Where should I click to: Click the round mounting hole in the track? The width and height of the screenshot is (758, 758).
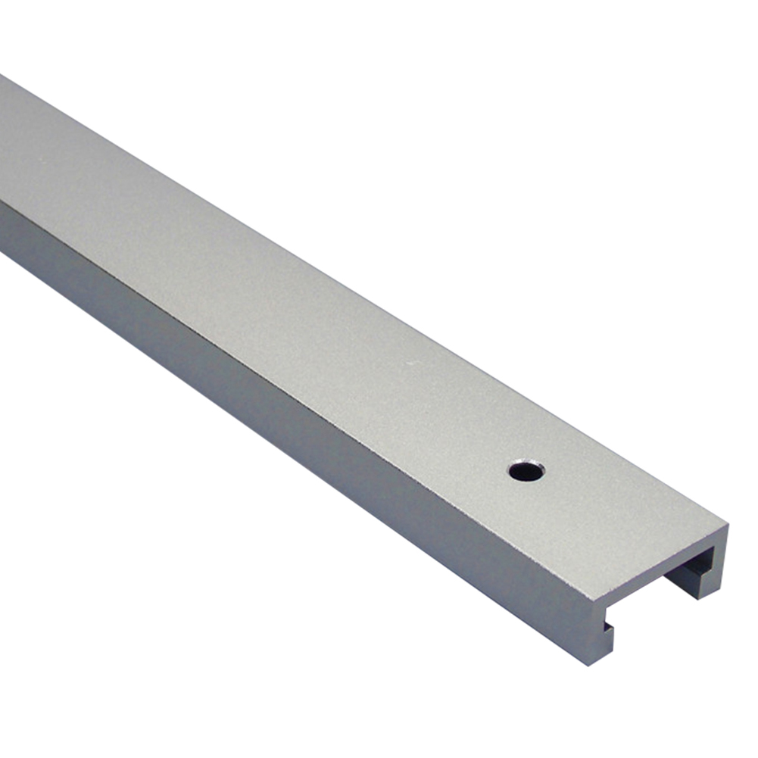[x=526, y=471]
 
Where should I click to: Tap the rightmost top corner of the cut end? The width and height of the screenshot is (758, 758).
[x=728, y=524]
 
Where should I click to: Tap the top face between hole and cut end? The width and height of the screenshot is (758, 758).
[x=606, y=515]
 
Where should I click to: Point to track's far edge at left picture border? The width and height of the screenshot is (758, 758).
[x=2, y=76]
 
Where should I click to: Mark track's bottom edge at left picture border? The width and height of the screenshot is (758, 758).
[x=2, y=254]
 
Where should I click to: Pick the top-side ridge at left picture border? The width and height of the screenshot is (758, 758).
[x=2, y=203]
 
